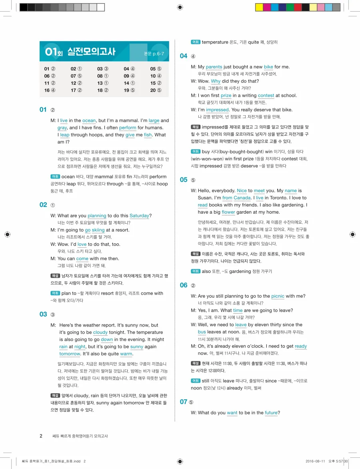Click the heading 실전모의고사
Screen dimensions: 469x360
coord(91,52)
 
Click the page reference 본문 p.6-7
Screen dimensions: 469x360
coord(154,53)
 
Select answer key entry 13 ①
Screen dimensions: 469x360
coord(103,83)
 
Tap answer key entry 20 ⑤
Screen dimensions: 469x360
coord(156,90)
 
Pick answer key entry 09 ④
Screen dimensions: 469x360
coord(129,76)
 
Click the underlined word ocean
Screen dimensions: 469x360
coord(89,120)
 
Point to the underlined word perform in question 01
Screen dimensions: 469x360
coord(128,128)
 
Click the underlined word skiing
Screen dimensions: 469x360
coord(98,230)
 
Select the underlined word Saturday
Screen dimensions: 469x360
coord(139,216)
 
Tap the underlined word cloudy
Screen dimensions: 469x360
coord(100,333)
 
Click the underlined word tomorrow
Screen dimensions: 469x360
coord(70,354)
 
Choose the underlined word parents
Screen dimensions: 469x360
coord(214,67)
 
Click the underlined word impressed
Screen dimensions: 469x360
coord(217,110)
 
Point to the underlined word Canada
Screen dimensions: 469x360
coord(242,198)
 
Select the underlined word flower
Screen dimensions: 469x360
coord(228,212)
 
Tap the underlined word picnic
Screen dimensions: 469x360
coord(278,297)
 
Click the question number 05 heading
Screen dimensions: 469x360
coord(184,180)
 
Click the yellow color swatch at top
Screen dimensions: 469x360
coord(259,7)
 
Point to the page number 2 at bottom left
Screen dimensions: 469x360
coord(41,436)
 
